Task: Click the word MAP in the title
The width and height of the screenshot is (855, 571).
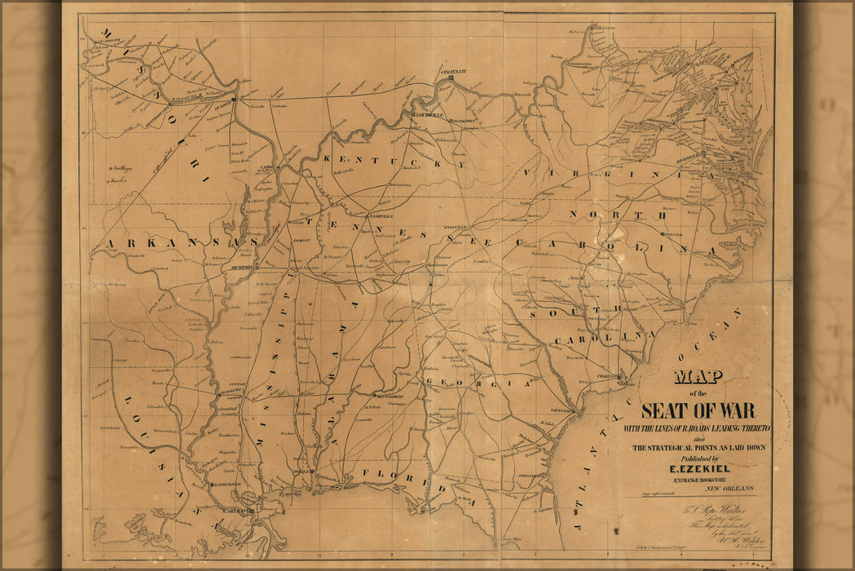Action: [x=699, y=377]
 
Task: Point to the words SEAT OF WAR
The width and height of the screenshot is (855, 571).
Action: [x=698, y=410]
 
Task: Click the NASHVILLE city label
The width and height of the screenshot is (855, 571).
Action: [x=381, y=216]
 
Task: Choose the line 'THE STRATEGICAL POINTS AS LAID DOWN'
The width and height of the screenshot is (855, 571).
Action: [x=698, y=448]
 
